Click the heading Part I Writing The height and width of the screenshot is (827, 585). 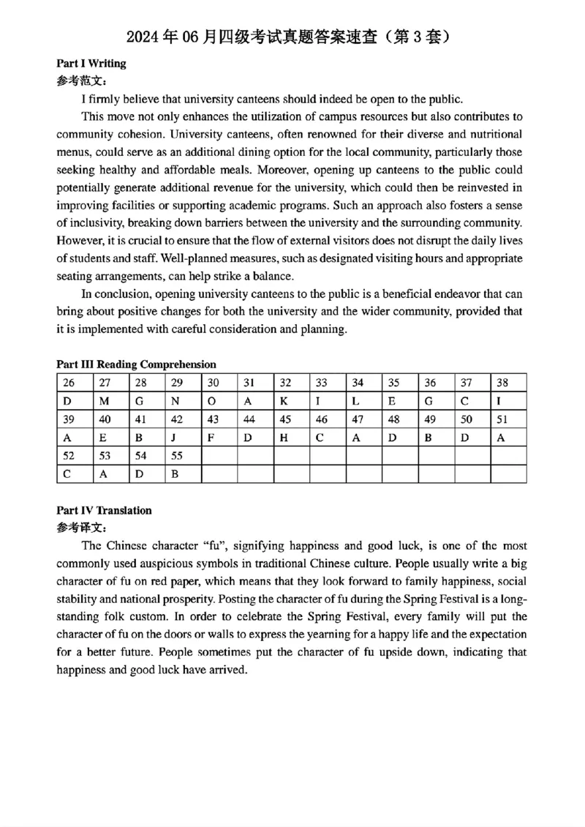click(x=91, y=64)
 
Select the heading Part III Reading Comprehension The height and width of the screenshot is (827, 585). click(x=136, y=364)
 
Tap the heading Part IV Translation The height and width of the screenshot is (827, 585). click(x=104, y=511)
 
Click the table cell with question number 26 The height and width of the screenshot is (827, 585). click(x=75, y=383)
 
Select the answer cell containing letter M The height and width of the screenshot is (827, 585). click(x=111, y=401)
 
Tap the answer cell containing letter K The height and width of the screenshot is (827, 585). click(x=292, y=401)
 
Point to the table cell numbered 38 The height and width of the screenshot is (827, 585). click(x=508, y=383)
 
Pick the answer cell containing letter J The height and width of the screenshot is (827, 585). click(x=183, y=438)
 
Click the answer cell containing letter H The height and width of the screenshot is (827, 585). click(x=292, y=438)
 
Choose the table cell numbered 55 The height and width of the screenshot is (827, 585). click(x=183, y=456)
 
